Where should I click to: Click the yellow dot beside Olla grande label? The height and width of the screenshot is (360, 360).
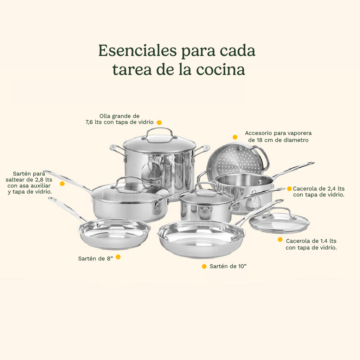point(159,123)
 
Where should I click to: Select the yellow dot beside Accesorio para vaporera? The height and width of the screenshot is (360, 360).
point(235,137)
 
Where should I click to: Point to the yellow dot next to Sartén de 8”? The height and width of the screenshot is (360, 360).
point(118,257)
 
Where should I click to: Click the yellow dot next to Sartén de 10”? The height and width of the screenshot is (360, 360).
point(204,266)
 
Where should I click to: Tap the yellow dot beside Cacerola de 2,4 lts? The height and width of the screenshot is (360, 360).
point(289,189)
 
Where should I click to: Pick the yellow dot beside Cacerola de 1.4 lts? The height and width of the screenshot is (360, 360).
point(280,239)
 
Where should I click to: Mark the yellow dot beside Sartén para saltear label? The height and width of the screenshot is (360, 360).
point(62,184)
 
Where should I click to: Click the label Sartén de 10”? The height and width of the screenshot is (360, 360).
point(228,266)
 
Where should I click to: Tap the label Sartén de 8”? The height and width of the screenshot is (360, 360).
point(95,258)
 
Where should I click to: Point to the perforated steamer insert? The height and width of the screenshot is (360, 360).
point(236,160)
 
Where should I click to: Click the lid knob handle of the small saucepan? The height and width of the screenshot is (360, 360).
point(206,185)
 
